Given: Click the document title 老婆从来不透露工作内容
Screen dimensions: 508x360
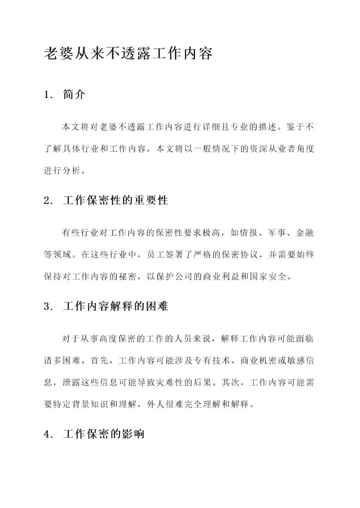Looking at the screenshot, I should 128,53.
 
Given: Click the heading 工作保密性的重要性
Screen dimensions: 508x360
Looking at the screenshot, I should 115,201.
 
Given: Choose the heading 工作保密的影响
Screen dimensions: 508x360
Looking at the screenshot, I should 103,434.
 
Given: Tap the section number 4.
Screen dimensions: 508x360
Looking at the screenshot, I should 48,434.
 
